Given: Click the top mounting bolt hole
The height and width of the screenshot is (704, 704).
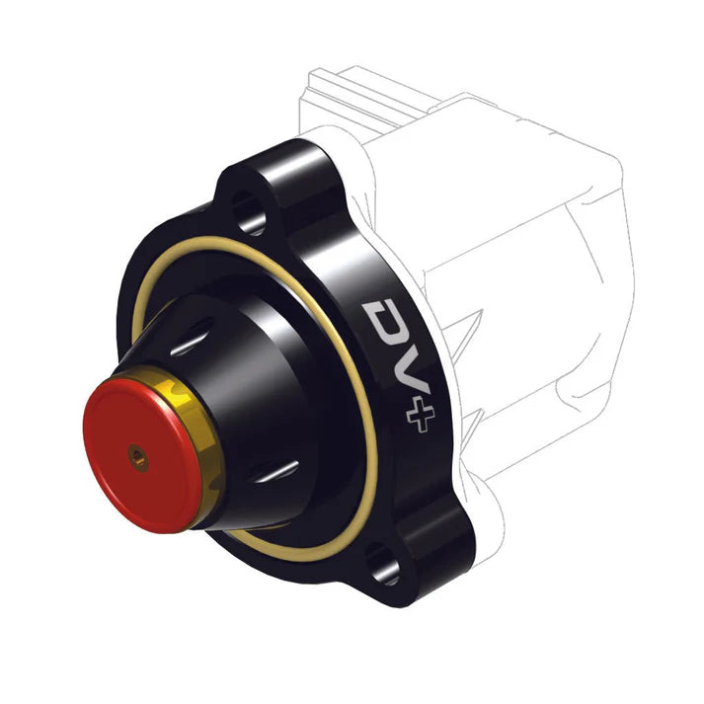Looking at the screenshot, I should (x=247, y=209).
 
